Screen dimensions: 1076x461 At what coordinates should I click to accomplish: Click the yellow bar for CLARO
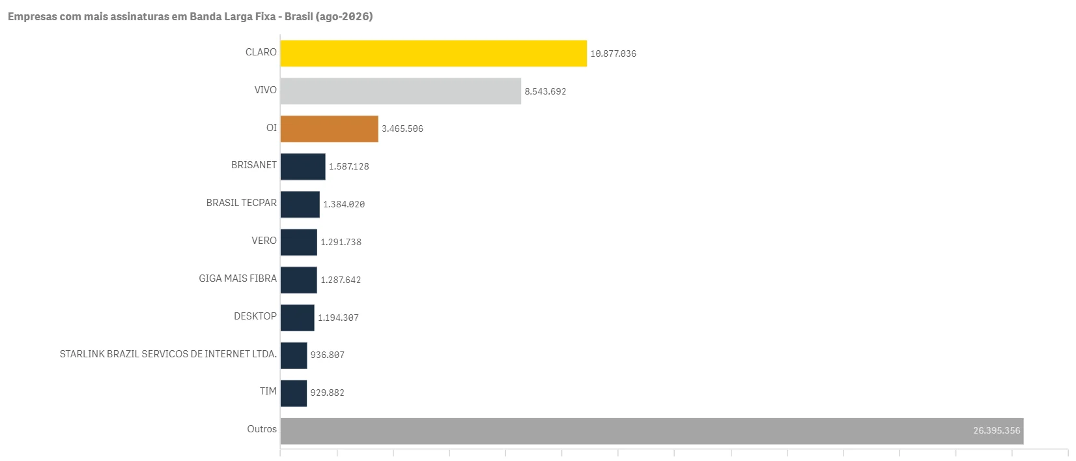433,53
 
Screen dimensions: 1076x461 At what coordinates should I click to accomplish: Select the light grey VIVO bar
401,91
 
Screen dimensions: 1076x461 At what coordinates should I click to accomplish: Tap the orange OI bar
329,129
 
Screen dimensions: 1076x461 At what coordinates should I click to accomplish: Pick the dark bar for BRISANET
303,166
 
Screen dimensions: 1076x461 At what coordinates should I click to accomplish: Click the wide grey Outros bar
652,431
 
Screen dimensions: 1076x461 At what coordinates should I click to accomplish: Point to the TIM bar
294,393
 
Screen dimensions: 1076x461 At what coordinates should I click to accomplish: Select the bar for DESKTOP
298,318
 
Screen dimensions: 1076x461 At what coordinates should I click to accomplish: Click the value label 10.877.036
613,54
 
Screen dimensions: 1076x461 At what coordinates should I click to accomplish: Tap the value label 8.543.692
545,91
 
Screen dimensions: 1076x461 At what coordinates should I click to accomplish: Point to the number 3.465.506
403,129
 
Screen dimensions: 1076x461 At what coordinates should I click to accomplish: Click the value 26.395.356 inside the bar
997,431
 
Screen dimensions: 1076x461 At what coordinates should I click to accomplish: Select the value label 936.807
327,355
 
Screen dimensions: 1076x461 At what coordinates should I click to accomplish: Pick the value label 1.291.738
341,242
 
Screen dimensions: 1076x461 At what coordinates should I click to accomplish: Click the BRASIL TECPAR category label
241,203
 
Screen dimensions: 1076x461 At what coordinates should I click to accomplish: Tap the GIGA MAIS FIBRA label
238,278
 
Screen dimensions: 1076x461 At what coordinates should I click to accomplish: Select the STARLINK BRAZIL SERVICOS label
168,354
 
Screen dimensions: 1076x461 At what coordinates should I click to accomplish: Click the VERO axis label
264,241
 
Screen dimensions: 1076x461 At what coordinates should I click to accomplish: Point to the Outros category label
262,429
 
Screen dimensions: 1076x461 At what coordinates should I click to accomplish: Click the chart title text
190,16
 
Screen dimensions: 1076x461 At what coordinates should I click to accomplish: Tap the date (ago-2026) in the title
344,16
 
